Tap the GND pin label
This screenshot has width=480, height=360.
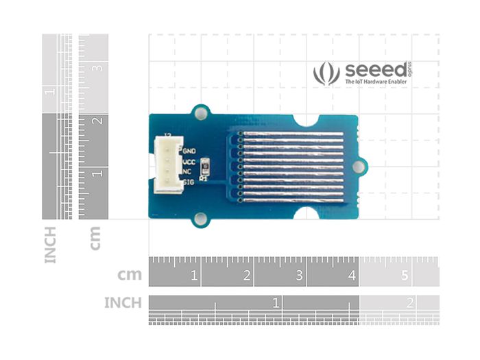(x=189, y=149)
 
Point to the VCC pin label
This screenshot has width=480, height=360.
(x=189, y=162)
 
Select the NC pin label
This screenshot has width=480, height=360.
(x=187, y=172)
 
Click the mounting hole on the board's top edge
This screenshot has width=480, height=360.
(x=201, y=112)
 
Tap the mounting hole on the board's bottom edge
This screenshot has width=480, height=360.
(x=200, y=219)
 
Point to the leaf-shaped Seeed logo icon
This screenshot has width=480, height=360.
(x=326, y=73)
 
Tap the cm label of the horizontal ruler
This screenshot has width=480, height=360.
(x=130, y=275)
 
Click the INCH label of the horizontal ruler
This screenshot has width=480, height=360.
(x=123, y=302)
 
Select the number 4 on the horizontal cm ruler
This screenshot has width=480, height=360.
(x=352, y=276)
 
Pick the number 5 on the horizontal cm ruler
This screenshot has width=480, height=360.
(x=405, y=276)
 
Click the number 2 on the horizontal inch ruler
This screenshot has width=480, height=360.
(x=410, y=302)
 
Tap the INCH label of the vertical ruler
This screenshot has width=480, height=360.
(x=51, y=245)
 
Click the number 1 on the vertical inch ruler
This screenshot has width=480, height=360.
(x=49, y=91)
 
